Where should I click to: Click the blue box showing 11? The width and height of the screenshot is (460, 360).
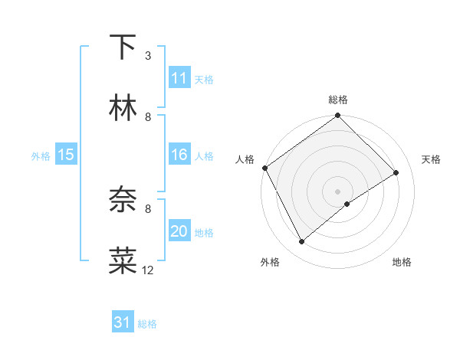pos(179,78)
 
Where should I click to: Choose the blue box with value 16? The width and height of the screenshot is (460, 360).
pos(179,155)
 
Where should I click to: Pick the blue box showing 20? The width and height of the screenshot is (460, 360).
pos(179,231)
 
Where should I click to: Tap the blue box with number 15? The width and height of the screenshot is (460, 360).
pos(66,155)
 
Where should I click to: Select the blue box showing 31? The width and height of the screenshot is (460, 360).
pos(123,322)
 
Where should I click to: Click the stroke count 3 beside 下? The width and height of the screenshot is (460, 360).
pos(148,56)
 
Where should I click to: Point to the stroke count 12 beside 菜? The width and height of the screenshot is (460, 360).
pos(148,270)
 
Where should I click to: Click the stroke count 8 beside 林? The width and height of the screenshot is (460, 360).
pos(148,117)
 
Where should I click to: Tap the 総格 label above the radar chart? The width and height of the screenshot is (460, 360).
pos(337,100)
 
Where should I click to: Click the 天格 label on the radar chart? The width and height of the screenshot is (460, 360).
pos(432,159)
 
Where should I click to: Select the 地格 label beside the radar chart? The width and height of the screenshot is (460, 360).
pos(402,262)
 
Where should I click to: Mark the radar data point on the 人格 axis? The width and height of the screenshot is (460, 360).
pos(265,168)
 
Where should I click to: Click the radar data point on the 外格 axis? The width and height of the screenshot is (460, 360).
pos(302,242)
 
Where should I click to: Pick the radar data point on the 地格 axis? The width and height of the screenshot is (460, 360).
pos(347,204)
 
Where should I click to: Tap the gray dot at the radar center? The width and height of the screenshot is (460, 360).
pos(337,191)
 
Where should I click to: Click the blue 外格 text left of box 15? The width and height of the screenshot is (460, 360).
pos(41,156)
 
